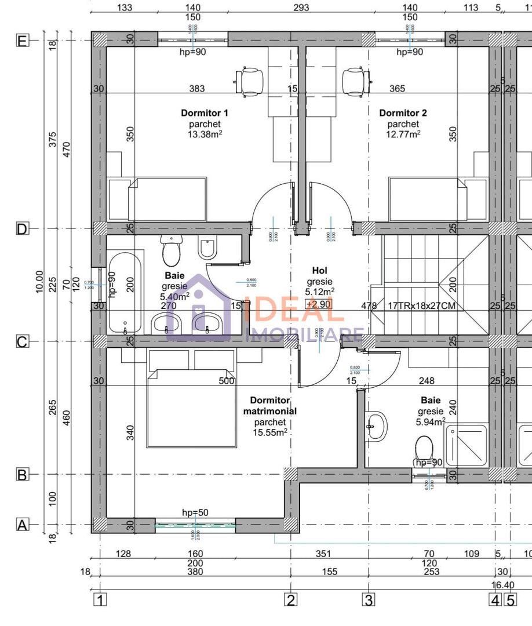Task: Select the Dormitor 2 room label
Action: pyautogui.click(x=403, y=113)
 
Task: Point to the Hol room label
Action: pyautogui.click(x=319, y=271)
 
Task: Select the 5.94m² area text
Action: pyautogui.click(x=431, y=422)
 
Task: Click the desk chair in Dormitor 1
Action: pyautogui.click(x=250, y=79)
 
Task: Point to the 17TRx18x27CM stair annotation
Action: pyautogui.click(x=421, y=305)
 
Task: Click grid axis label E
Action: pyautogui.click(x=22, y=41)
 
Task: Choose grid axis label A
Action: pyautogui.click(x=22, y=525)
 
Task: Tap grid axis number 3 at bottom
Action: pyautogui.click(x=369, y=600)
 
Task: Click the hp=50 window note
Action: pyautogui.click(x=195, y=512)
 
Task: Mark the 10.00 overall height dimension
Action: pyautogui.click(x=39, y=282)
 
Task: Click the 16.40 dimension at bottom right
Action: pyautogui.click(x=502, y=585)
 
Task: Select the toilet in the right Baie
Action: pyautogui.click(x=425, y=448)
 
